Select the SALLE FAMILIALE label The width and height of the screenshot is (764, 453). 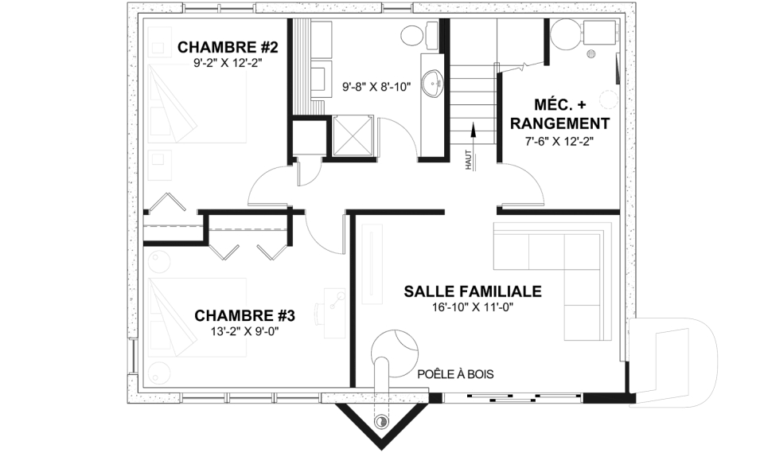(473, 291)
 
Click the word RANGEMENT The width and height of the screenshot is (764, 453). (559, 123)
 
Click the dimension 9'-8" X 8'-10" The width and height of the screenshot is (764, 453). (376, 87)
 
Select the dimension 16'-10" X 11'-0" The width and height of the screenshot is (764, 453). (473, 308)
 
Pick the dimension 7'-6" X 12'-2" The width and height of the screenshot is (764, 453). (559, 140)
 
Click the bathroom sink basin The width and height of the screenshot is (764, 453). (433, 82)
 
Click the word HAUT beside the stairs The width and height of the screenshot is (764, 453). (470, 162)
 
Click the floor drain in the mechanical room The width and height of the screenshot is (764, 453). (591, 54)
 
